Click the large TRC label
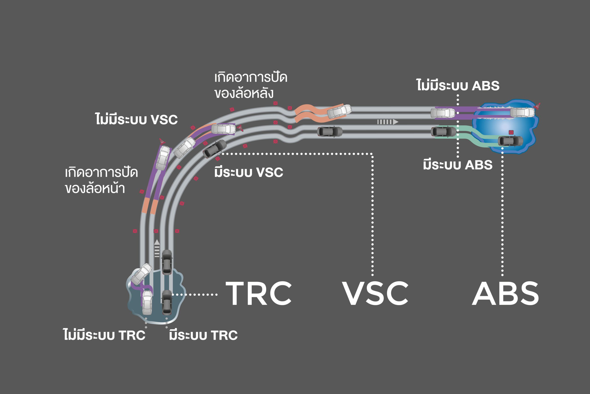pyautogui.click(x=259, y=293)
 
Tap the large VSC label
pyautogui.click(x=375, y=293)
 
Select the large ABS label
pyautogui.click(x=505, y=293)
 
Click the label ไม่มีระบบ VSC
pyautogui.click(x=136, y=119)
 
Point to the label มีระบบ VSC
pyautogui.click(x=248, y=172)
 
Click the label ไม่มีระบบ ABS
pyautogui.click(x=458, y=86)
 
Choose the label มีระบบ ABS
pyautogui.click(x=458, y=165)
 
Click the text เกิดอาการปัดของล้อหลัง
pyautogui.click(x=251, y=85)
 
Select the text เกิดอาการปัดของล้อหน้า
pyautogui.click(x=101, y=180)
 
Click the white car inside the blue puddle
pyautogui.click(x=522, y=112)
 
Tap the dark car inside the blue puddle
pyautogui.click(x=510, y=141)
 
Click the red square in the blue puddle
pyautogui.click(x=511, y=132)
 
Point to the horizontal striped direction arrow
pyautogui.click(x=388, y=122)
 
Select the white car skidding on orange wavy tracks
pyautogui.click(x=339, y=111)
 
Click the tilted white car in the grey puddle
pyautogui.click(x=141, y=274)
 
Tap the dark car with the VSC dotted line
pyautogui.click(x=215, y=149)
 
